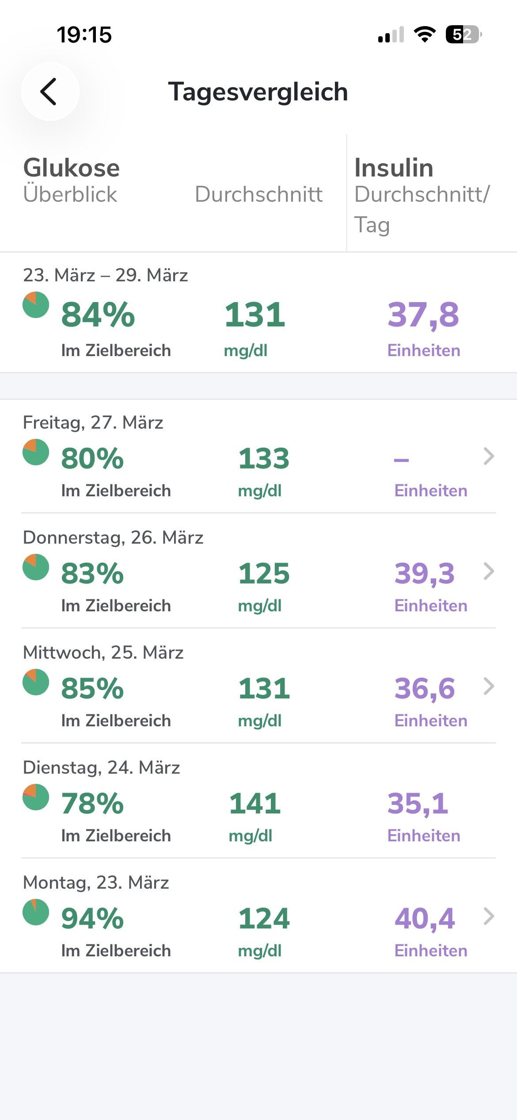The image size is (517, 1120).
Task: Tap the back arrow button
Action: [x=50, y=92]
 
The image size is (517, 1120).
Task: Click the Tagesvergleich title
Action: [x=258, y=92]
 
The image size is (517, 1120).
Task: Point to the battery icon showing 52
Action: [x=463, y=35]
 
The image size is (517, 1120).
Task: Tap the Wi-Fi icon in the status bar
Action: [x=424, y=34]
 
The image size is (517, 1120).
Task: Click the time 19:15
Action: [x=84, y=35]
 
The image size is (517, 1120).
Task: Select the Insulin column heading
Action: [x=394, y=168]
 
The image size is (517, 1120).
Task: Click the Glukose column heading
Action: [x=72, y=168]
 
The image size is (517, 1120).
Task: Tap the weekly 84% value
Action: [x=98, y=315]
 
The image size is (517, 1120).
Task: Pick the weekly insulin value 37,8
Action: [x=423, y=315]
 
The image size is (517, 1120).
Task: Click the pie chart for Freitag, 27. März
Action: [x=36, y=452]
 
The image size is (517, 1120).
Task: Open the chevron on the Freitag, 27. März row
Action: [x=488, y=456]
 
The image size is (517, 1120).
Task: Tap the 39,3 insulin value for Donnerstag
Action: [x=424, y=573]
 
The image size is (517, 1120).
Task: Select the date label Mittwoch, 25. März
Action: [x=103, y=652]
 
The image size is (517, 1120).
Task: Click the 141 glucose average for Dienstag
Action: [x=255, y=803]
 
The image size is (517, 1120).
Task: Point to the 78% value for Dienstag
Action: [x=92, y=803]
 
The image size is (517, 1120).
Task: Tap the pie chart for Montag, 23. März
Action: [x=36, y=912]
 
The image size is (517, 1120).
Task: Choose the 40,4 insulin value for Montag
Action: [x=424, y=918]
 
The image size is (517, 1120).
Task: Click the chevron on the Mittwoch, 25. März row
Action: [x=488, y=687]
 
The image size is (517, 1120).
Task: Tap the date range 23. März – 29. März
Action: [x=105, y=275]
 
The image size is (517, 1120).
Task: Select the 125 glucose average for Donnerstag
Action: [x=264, y=573]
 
